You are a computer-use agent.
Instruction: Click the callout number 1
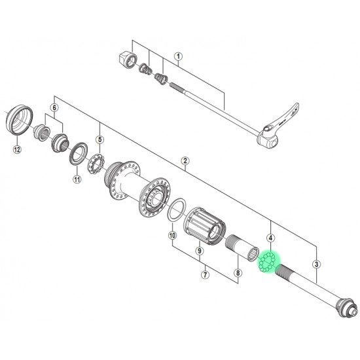click(178, 56)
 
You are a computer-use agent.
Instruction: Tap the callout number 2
click(185, 161)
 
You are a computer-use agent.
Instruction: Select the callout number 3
click(317, 264)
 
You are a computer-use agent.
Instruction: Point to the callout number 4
click(271, 238)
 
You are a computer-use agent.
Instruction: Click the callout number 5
click(100, 139)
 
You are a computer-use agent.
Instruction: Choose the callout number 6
click(54, 108)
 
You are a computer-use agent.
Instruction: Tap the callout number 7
click(205, 274)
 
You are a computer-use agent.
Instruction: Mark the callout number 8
click(238, 273)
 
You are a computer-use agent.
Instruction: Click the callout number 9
click(199, 251)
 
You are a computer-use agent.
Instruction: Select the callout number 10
click(172, 236)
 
